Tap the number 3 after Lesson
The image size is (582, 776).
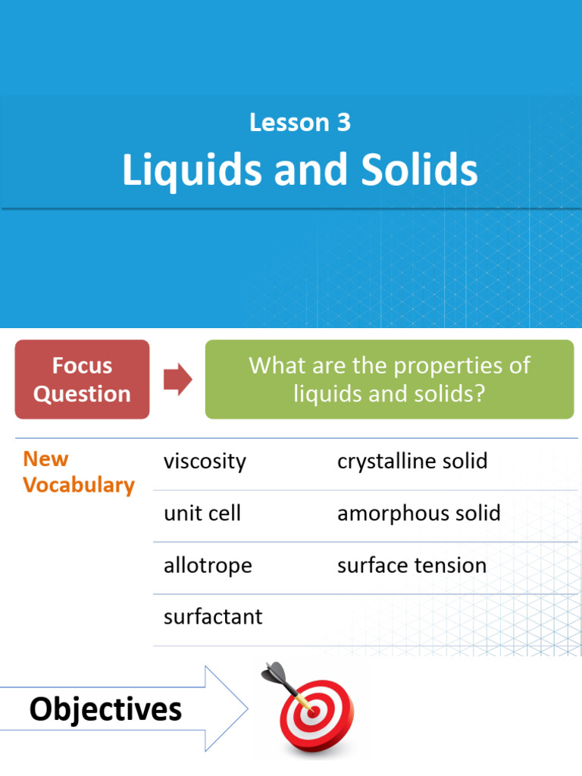click(344, 123)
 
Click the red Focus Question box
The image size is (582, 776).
click(82, 380)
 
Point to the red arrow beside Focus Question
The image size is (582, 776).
click(178, 380)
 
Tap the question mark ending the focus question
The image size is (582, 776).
click(479, 395)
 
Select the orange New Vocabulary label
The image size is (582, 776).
click(78, 472)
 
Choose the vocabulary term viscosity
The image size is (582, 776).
click(205, 462)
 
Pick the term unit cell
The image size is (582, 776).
click(202, 513)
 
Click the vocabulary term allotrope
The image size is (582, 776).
click(208, 565)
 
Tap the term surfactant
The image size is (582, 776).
click(213, 617)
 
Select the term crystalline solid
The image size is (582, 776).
click(412, 462)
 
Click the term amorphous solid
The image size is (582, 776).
click(418, 513)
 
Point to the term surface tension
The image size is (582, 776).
click(411, 565)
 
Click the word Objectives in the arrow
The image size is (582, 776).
click(105, 710)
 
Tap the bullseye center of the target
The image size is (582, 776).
click(313, 713)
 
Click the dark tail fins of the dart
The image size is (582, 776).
click(274, 672)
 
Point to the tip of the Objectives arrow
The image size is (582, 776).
click(247, 709)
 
